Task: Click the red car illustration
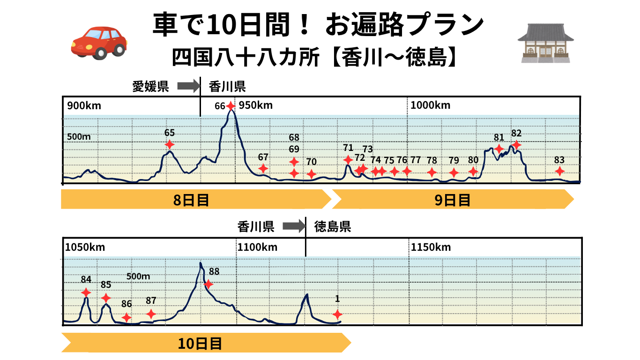(99, 42)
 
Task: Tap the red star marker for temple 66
(230, 106)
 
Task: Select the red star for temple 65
(170, 144)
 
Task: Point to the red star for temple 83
(559, 171)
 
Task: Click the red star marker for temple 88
(208, 284)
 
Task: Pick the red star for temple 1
(337, 314)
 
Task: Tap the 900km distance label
(84, 105)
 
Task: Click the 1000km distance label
(430, 105)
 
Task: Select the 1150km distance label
(431, 247)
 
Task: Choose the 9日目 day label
(452, 200)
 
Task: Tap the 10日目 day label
(200, 344)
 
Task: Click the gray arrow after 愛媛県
(188, 86)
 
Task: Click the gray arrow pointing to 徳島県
(293, 227)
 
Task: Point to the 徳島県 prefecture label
(333, 227)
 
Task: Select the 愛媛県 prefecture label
(150, 86)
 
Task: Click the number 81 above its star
(499, 137)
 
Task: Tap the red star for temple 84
(86, 292)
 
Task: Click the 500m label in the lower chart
(138, 276)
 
